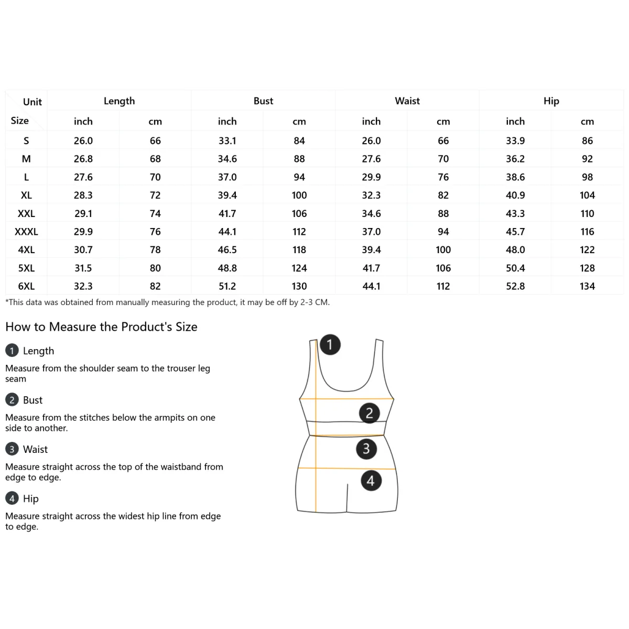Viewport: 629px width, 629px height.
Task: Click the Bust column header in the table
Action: pyautogui.click(x=263, y=101)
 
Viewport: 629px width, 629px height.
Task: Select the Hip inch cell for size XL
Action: pyautogui.click(x=515, y=195)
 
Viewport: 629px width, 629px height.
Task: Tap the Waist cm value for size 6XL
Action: pyautogui.click(x=443, y=286)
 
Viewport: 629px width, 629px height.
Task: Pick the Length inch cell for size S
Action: pyautogui.click(x=83, y=140)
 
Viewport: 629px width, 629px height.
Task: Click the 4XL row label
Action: pyautogui.click(x=26, y=250)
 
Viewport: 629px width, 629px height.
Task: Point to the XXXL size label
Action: pyautogui.click(x=26, y=232)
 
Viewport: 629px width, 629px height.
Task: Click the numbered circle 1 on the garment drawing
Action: pyautogui.click(x=330, y=344)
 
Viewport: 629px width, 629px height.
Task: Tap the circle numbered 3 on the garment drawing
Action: pyautogui.click(x=366, y=449)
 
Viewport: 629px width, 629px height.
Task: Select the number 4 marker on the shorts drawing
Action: pyautogui.click(x=371, y=480)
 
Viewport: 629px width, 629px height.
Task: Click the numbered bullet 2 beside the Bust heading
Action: pyautogui.click(x=12, y=400)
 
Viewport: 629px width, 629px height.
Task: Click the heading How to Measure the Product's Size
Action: pyautogui.click(x=101, y=327)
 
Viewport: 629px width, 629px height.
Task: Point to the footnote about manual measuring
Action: pyautogui.click(x=167, y=302)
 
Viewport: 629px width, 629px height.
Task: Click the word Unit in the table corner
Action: pyautogui.click(x=32, y=102)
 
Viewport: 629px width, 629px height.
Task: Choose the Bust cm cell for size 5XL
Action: pyautogui.click(x=299, y=268)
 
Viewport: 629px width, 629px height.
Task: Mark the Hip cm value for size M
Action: pyautogui.click(x=587, y=159)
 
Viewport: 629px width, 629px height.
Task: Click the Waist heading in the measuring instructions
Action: pyautogui.click(x=35, y=449)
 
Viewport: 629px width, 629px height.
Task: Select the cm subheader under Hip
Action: pyautogui.click(x=587, y=121)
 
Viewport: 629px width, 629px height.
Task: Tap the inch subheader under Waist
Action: pyautogui.click(x=371, y=121)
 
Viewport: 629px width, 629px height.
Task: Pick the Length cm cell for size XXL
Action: pyautogui.click(x=155, y=213)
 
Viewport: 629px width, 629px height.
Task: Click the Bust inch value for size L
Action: pyautogui.click(x=227, y=177)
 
